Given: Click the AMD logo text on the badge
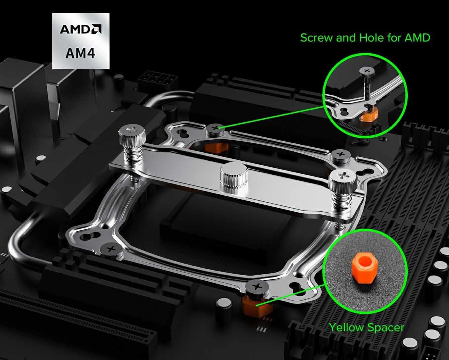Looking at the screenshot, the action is coord(80,29).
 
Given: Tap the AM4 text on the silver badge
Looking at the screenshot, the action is coord(80,53).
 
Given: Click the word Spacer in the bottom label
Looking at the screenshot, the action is coord(386,328).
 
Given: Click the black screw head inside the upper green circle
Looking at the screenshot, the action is coord(367,71).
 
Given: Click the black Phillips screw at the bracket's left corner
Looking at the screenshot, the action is coord(111,249).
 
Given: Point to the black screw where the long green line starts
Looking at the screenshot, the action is coord(216,128).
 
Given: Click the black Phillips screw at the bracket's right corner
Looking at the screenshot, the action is coord(341,155).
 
